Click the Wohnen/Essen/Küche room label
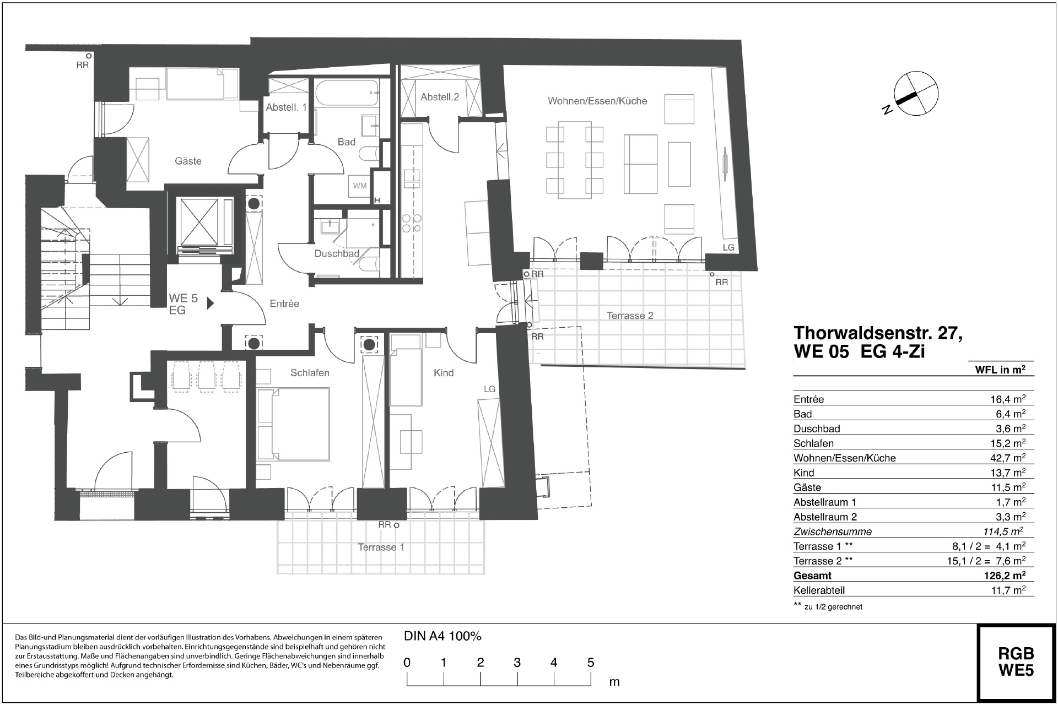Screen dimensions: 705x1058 tap(597, 101)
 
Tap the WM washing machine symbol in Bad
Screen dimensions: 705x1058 tap(360, 186)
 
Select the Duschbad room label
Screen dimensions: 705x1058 tap(337, 254)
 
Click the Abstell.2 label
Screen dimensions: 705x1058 tap(440, 97)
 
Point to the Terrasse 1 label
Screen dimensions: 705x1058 tap(381, 547)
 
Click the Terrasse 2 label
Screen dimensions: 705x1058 tap(630, 316)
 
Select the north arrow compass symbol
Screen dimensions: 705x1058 tap(915, 94)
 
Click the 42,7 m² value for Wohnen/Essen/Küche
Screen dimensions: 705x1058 tap(1007, 458)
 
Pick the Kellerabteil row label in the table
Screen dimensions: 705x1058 tap(819, 590)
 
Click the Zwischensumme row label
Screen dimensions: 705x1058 tap(832, 532)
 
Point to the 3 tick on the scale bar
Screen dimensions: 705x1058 tap(517, 663)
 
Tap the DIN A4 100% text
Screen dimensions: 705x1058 tap(442, 636)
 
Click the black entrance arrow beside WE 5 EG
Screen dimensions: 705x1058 tap(210, 303)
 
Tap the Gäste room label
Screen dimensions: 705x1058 tap(188, 161)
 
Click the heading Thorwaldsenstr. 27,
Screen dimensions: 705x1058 tap(878, 333)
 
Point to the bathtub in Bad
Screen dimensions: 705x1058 tap(347, 94)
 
